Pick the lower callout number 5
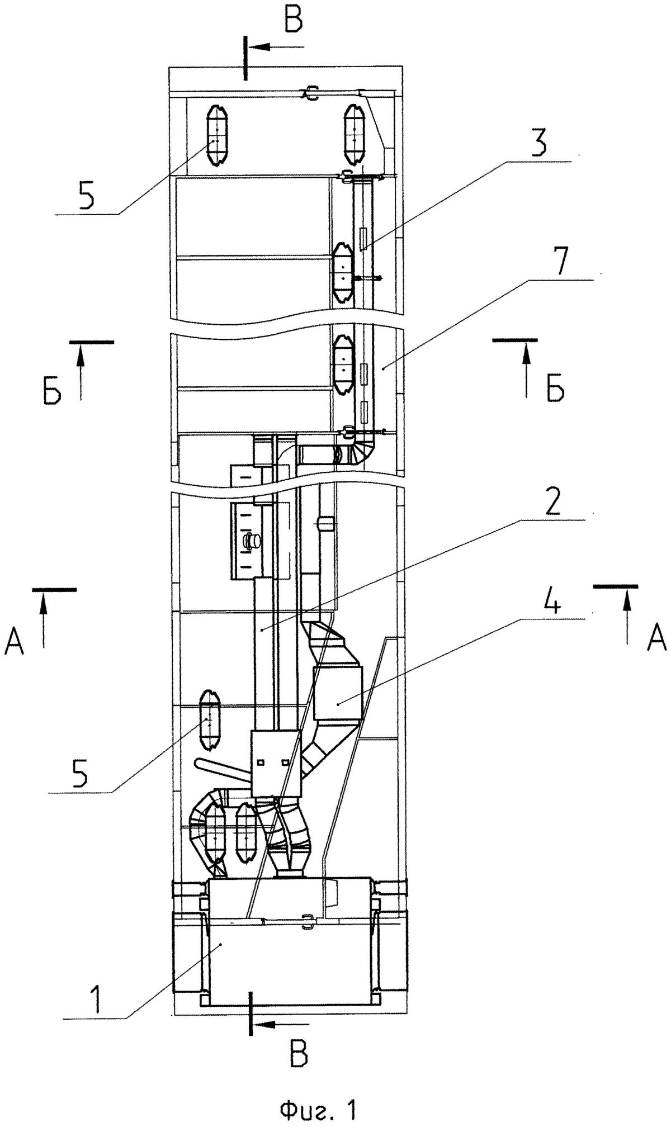pos(82,774)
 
